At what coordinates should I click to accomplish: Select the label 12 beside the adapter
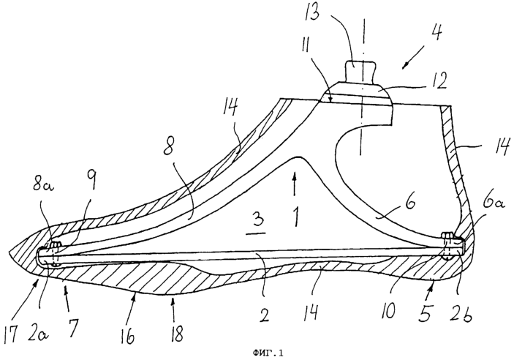click(x=438, y=81)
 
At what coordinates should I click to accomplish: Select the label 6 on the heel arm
click(x=408, y=203)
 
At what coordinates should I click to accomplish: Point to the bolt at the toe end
click(x=54, y=254)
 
